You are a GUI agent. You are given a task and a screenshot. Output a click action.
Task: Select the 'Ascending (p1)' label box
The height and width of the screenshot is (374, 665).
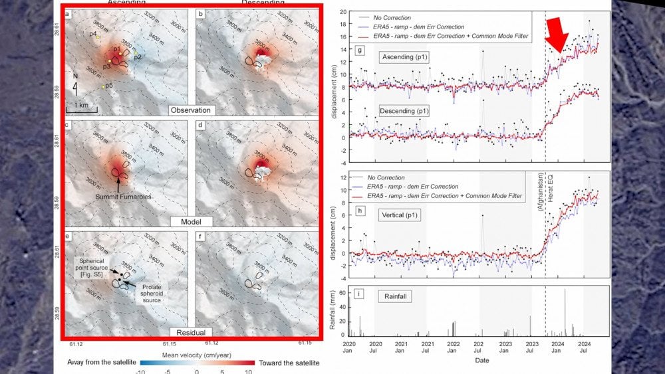coord(404,58)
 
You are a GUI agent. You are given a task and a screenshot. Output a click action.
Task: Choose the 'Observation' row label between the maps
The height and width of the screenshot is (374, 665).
coord(191,110)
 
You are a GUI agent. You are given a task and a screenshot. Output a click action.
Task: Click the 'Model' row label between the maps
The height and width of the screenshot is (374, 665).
coord(191,221)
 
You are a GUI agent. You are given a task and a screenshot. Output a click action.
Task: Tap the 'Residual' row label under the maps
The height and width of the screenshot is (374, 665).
coord(190,331)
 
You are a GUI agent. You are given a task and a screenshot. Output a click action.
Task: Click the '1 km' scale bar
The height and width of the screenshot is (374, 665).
coord(82,106)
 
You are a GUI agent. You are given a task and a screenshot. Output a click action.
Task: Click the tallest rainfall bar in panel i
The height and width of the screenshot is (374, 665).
coord(565,312)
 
